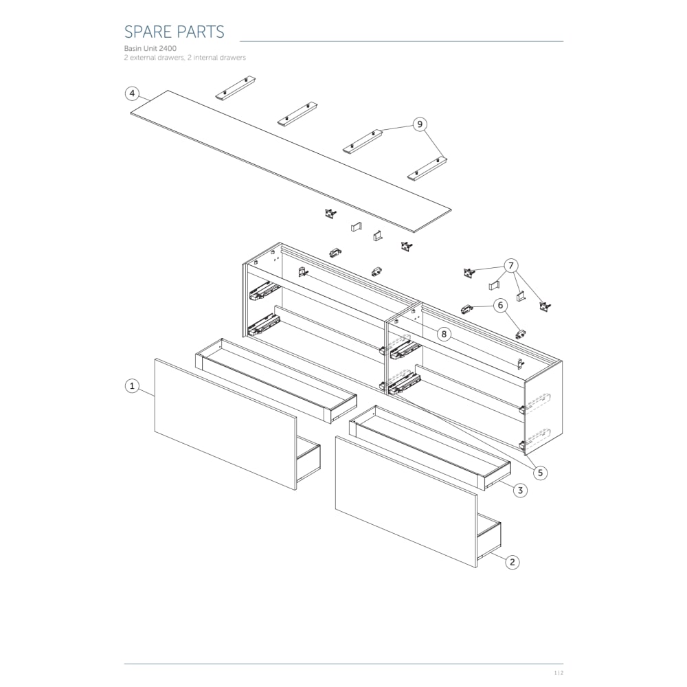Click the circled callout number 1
(x=132, y=386)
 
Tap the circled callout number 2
(x=513, y=562)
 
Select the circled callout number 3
(x=520, y=491)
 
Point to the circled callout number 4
(x=132, y=93)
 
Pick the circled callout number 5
(x=540, y=473)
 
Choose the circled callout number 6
(x=500, y=306)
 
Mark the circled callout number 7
(x=510, y=265)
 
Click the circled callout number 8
(x=444, y=335)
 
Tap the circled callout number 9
(x=420, y=124)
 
